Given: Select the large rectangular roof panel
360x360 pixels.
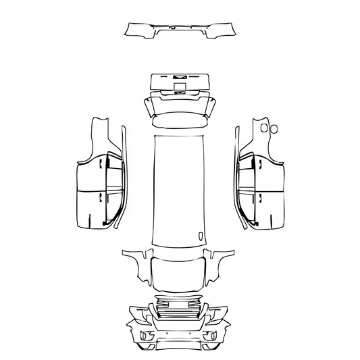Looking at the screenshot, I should pyautogui.click(x=180, y=189).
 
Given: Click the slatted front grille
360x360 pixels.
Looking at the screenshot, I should pyautogui.click(x=179, y=313).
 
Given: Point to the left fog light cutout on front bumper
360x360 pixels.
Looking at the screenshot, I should pyautogui.click(x=143, y=335).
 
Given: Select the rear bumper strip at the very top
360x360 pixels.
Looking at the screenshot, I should pyautogui.click(x=180, y=30).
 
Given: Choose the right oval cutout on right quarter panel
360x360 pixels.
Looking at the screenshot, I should pyautogui.click(x=274, y=127).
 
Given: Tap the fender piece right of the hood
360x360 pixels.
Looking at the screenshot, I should pyautogui.click(x=220, y=267).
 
